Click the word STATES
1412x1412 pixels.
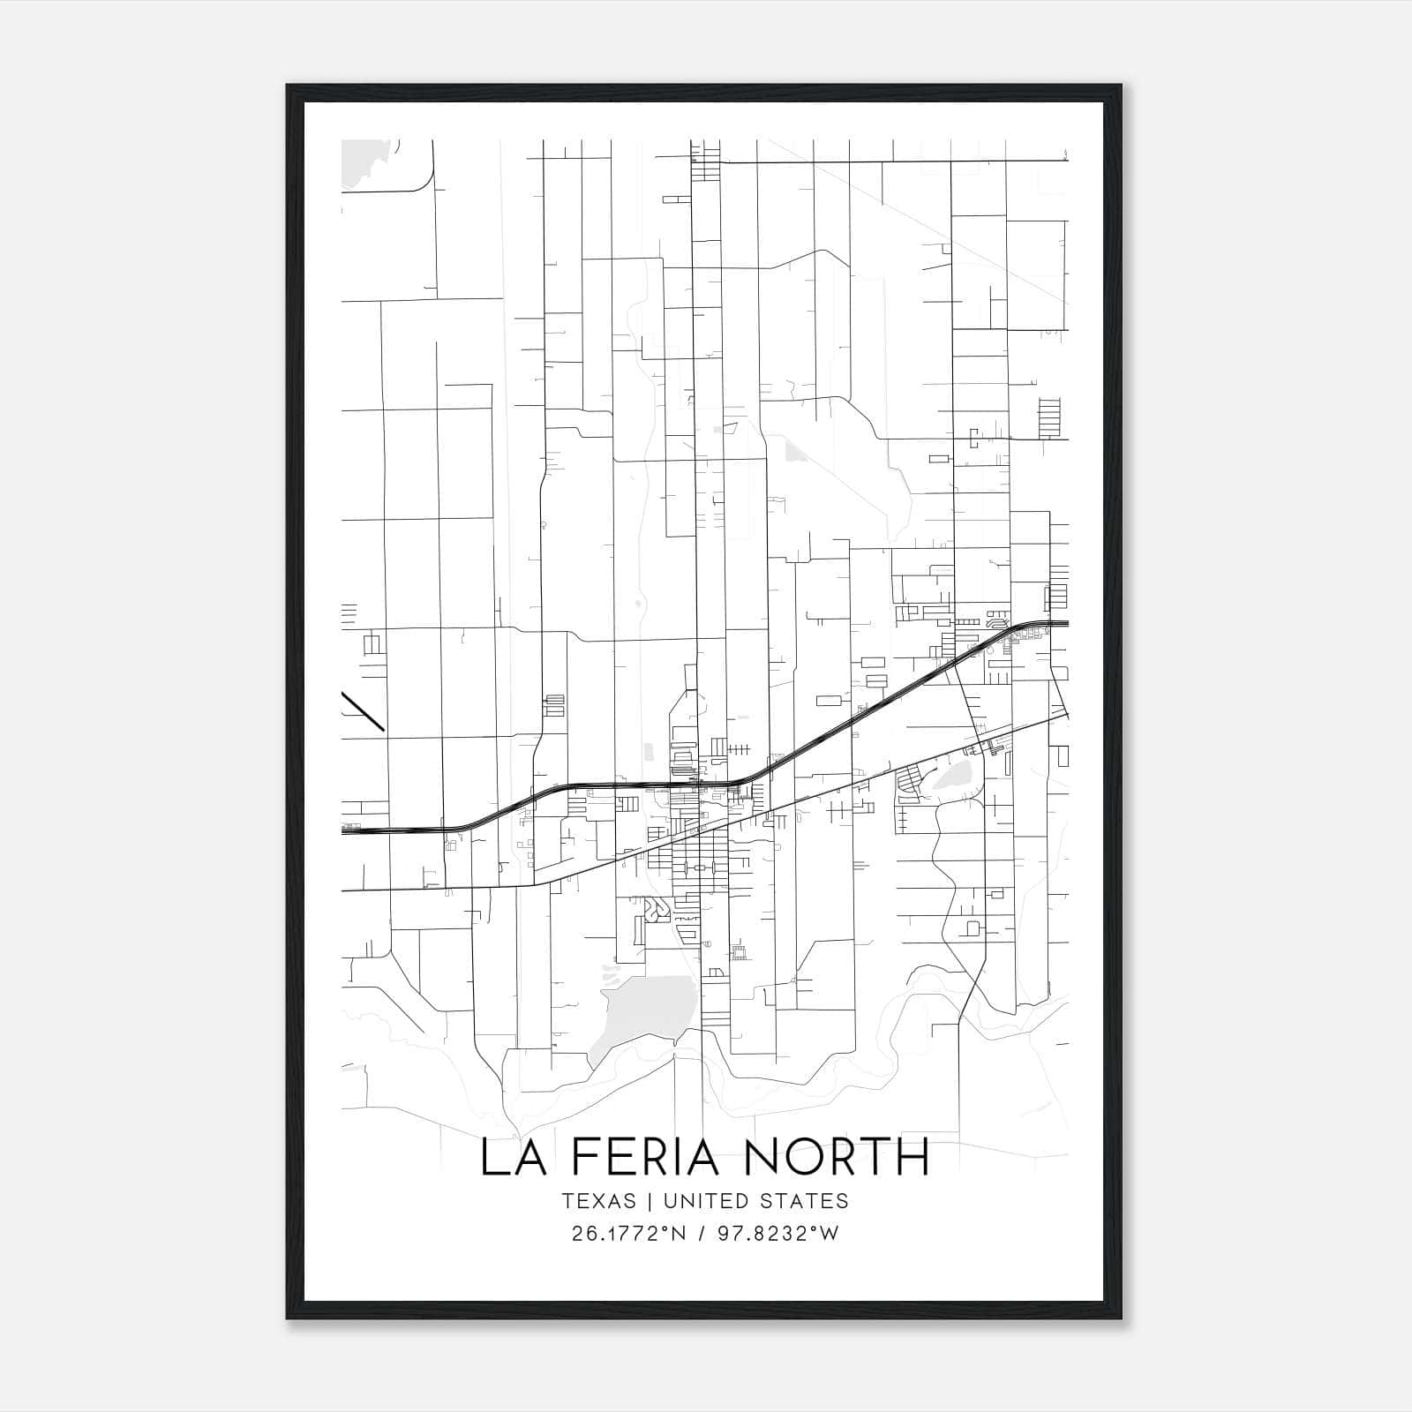[801, 1201]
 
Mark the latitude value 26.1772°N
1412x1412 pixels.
[628, 1234]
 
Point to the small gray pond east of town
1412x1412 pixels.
[953, 777]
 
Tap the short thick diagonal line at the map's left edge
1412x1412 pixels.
[363, 711]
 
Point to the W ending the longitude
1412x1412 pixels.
[829, 1234]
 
